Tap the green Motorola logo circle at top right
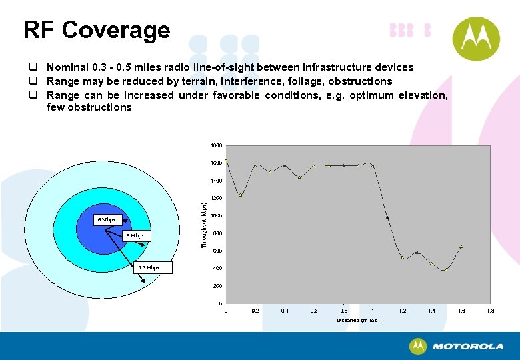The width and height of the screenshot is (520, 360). [476, 39]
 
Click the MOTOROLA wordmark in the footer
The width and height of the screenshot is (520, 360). [467, 347]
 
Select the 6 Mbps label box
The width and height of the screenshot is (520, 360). [106, 219]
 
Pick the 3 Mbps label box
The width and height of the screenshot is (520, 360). [135, 236]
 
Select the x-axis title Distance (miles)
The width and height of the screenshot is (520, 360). [358, 320]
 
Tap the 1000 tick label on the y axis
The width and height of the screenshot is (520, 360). [216, 215]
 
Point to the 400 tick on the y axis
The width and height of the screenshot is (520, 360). [217, 268]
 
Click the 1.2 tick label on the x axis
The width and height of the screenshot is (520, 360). [402, 311]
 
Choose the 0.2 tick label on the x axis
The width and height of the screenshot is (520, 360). [255, 311]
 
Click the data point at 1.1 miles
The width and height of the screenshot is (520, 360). [387, 217]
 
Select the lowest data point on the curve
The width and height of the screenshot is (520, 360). [446, 270]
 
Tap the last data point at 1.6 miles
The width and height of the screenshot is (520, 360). [461, 247]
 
